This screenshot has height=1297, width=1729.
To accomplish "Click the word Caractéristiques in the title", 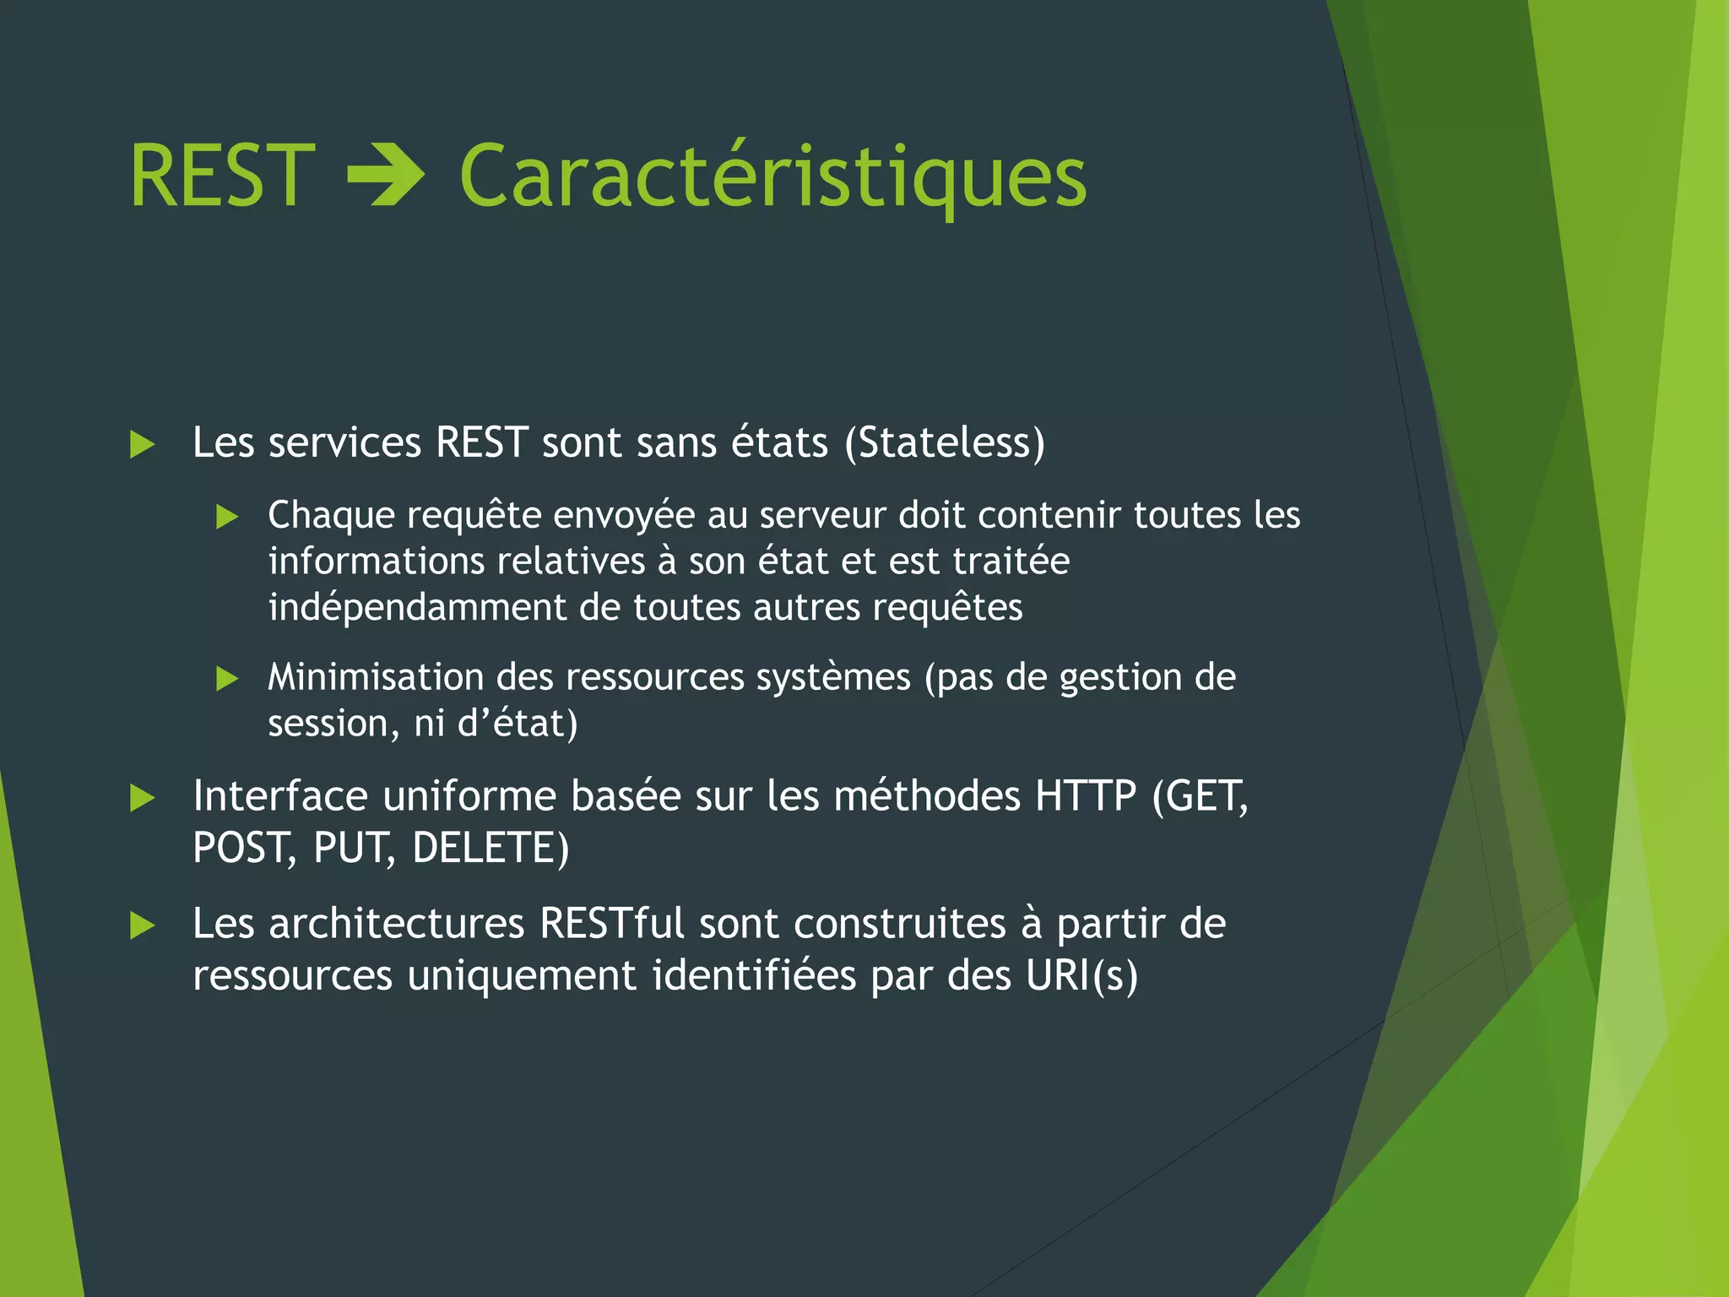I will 772,177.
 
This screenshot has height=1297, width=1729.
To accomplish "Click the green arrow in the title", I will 386,175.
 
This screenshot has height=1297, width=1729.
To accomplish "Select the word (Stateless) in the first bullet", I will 945,442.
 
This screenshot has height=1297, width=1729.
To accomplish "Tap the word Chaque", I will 331,516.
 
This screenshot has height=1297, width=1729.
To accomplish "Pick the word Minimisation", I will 376,677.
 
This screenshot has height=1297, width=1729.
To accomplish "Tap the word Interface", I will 280,795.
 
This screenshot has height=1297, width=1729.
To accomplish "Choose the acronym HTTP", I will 1086,795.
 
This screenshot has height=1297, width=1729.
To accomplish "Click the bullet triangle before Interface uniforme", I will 143,798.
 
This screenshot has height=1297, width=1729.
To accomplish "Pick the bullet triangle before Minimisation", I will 227,678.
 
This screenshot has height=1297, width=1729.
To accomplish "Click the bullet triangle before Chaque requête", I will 227,516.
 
